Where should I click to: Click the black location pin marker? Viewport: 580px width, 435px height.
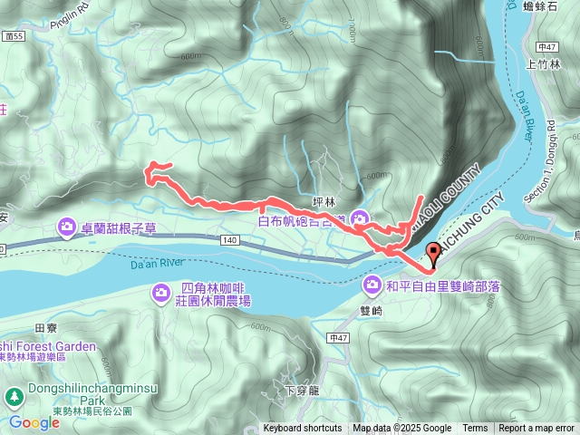(x=431, y=255)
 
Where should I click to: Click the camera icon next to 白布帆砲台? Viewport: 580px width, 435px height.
(x=360, y=218)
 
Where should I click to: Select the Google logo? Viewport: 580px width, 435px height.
(x=34, y=422)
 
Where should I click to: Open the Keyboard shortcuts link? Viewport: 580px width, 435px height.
(x=303, y=429)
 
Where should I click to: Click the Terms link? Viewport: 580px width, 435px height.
(x=475, y=429)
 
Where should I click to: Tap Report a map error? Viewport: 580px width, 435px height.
(x=537, y=429)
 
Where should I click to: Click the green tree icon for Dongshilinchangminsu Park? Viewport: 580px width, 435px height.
(x=14, y=397)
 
